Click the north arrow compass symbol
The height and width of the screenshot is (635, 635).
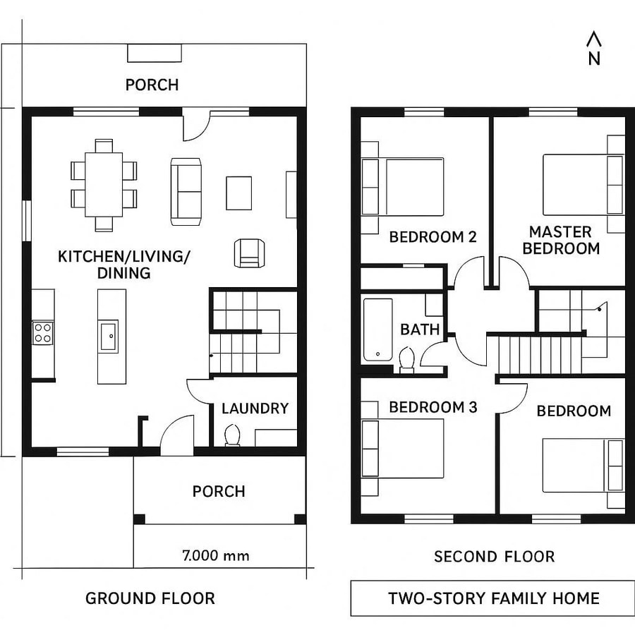tap(594, 49)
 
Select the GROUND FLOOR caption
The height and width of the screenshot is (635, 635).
tap(150, 598)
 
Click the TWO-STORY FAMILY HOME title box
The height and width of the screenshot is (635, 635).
tap(493, 598)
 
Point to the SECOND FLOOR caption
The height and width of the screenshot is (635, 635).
tap(494, 557)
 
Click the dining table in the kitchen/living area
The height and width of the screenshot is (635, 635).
tap(104, 184)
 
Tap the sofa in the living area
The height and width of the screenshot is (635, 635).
tap(186, 191)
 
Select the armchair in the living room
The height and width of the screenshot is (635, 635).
tap(248, 253)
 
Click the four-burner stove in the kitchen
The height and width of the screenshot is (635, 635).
tap(42, 332)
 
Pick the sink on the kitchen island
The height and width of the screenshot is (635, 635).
tap(109, 336)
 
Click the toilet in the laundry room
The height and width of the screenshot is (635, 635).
tap(231, 436)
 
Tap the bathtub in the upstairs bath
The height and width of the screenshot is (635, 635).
tap(377, 329)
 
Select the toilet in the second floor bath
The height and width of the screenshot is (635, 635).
tap(406, 360)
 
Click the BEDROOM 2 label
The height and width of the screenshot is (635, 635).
tap(433, 237)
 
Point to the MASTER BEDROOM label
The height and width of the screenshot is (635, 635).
tap(561, 240)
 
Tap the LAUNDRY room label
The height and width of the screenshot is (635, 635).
tap(255, 409)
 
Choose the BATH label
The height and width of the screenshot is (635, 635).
tap(420, 329)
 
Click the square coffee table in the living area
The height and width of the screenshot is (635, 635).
tap(238, 193)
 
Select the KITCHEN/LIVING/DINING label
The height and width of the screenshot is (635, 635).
tap(124, 265)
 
